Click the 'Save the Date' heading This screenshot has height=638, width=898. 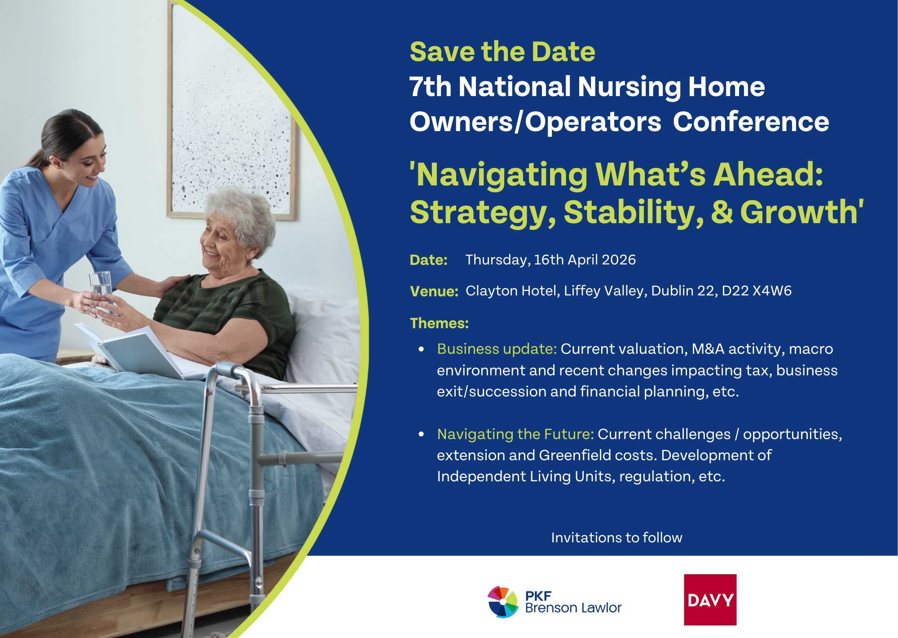click(502, 52)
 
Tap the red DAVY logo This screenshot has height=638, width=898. click(710, 599)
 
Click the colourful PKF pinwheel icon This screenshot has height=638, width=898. click(503, 602)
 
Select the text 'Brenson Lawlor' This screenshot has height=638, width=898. click(573, 608)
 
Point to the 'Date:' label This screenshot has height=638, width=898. click(428, 260)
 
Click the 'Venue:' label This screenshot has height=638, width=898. click(434, 291)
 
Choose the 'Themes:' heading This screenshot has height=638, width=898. click(439, 323)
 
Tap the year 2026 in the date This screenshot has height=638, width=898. click(619, 260)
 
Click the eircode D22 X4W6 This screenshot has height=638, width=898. click(757, 290)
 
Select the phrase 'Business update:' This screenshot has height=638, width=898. click(497, 349)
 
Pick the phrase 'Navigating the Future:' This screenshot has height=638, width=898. click(515, 434)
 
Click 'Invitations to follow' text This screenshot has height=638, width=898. click(616, 537)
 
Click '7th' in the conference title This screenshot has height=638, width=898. click(430, 86)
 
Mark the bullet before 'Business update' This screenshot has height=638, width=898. click(421, 349)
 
